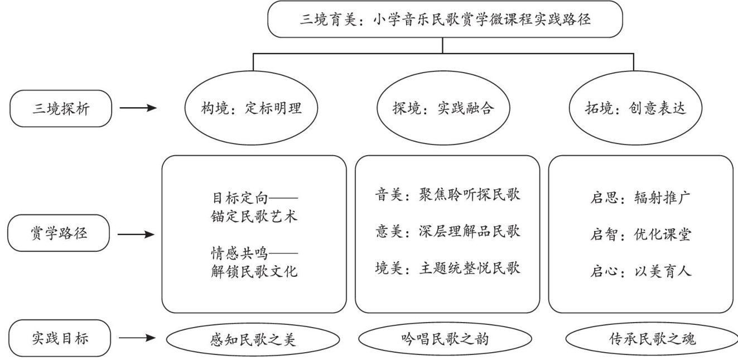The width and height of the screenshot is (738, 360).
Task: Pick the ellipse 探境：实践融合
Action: (443, 108)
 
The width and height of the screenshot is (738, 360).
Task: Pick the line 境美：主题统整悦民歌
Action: (447, 268)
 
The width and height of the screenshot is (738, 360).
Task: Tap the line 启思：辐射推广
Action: (640, 198)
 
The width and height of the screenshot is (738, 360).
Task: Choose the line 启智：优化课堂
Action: (640, 234)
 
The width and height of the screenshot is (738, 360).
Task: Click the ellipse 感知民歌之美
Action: (253, 339)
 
